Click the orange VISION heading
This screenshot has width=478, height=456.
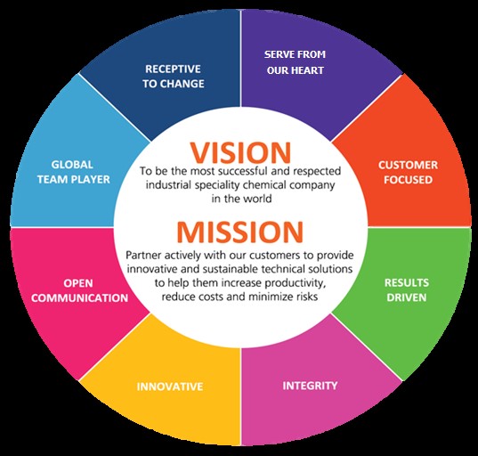point(240,152)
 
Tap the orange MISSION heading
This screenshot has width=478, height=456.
point(240,232)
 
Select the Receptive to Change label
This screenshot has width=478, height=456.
point(174,77)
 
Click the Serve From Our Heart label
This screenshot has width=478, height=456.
point(295,62)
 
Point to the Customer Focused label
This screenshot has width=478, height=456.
point(408,172)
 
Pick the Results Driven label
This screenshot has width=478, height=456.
point(407,289)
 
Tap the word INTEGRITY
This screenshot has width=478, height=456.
point(310,386)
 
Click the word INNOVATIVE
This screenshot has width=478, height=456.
point(170,387)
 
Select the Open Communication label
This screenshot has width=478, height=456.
point(79,290)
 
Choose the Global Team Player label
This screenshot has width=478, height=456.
point(74,172)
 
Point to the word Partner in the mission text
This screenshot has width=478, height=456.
point(142,255)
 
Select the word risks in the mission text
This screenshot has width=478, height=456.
point(306,297)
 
